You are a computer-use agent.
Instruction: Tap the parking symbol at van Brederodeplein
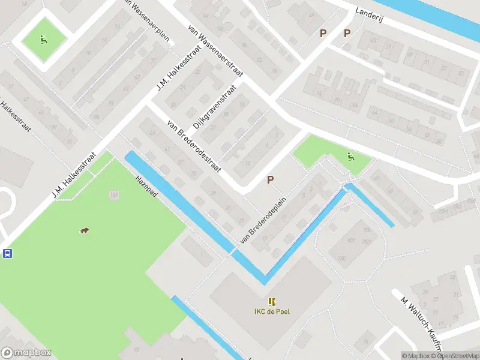271,179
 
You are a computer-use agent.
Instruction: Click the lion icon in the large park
85,231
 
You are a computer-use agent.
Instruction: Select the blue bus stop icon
7,253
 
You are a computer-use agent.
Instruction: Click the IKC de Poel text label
272,311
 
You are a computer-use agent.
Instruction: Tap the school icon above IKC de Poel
272,301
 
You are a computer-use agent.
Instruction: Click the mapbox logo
26,353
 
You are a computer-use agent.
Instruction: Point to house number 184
113,195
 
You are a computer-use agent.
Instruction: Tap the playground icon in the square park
44,40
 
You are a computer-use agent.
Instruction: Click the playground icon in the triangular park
350,157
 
